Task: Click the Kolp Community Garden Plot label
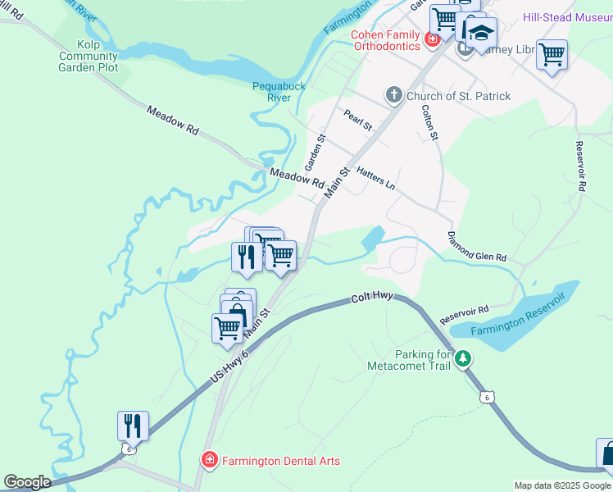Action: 88,55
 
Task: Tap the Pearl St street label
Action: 358,121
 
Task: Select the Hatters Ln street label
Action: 376,176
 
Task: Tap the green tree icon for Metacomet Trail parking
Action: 463,359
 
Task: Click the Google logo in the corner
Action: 26,482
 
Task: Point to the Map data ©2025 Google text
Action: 562,485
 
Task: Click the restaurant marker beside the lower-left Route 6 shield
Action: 133,426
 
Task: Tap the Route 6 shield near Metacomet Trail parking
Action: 487,397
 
